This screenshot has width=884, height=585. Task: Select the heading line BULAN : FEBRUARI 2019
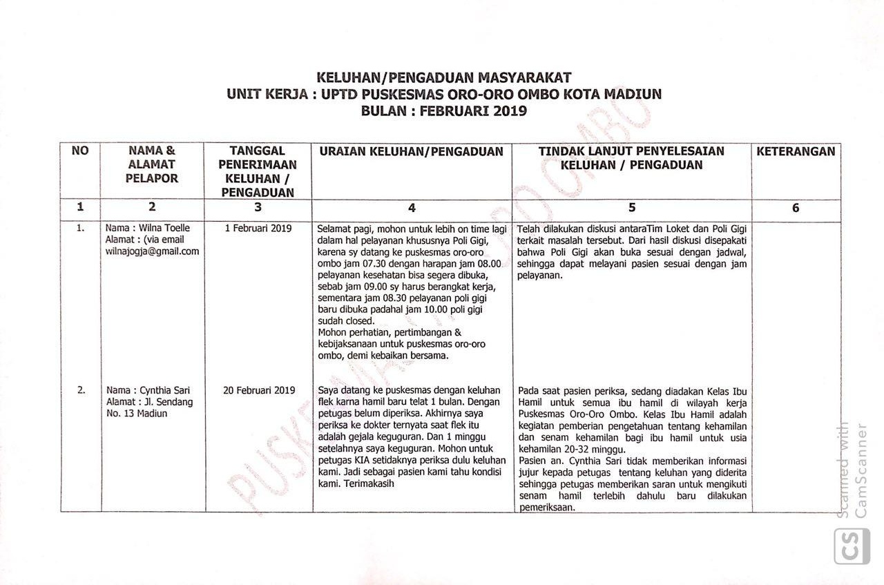[443, 111]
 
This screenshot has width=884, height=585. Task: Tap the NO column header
[80, 151]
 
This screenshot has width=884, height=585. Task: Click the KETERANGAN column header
[796, 151]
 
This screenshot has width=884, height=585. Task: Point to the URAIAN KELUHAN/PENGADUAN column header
[411, 151]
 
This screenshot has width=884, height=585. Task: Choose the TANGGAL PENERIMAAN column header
[258, 171]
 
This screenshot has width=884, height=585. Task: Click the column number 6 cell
[796, 207]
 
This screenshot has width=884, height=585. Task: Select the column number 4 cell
[412, 207]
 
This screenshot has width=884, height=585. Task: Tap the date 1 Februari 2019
[258, 229]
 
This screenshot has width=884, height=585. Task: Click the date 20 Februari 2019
[259, 390]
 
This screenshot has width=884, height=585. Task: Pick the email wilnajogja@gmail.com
[152, 251]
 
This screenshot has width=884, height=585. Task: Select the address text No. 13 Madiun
[137, 414]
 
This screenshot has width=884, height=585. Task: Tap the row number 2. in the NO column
[81, 390]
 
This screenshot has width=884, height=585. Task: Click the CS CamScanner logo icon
[852, 546]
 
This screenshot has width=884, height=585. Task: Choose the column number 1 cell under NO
[80, 207]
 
